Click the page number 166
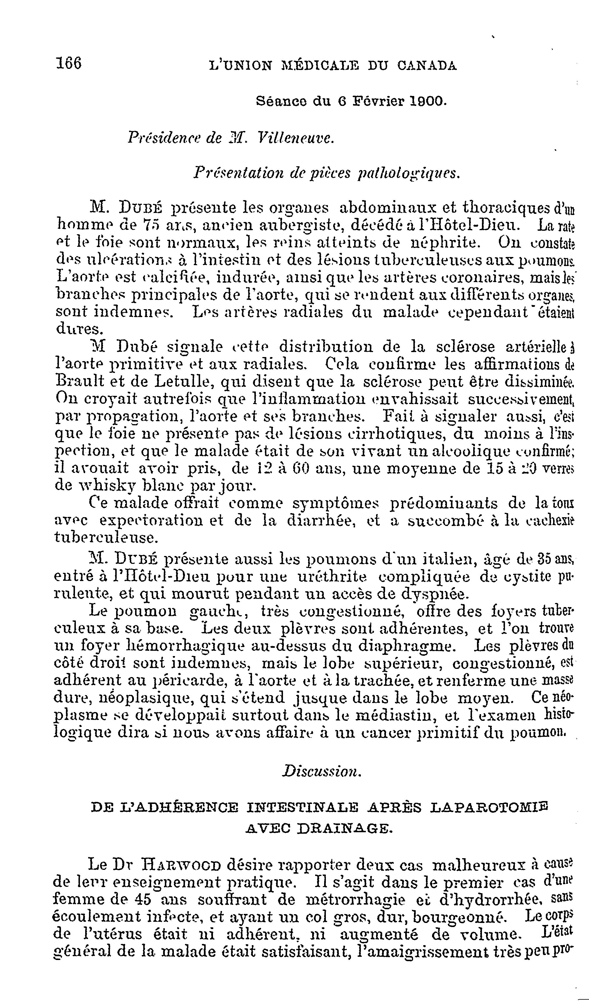coord(69,64)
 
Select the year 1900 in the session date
coord(429,102)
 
